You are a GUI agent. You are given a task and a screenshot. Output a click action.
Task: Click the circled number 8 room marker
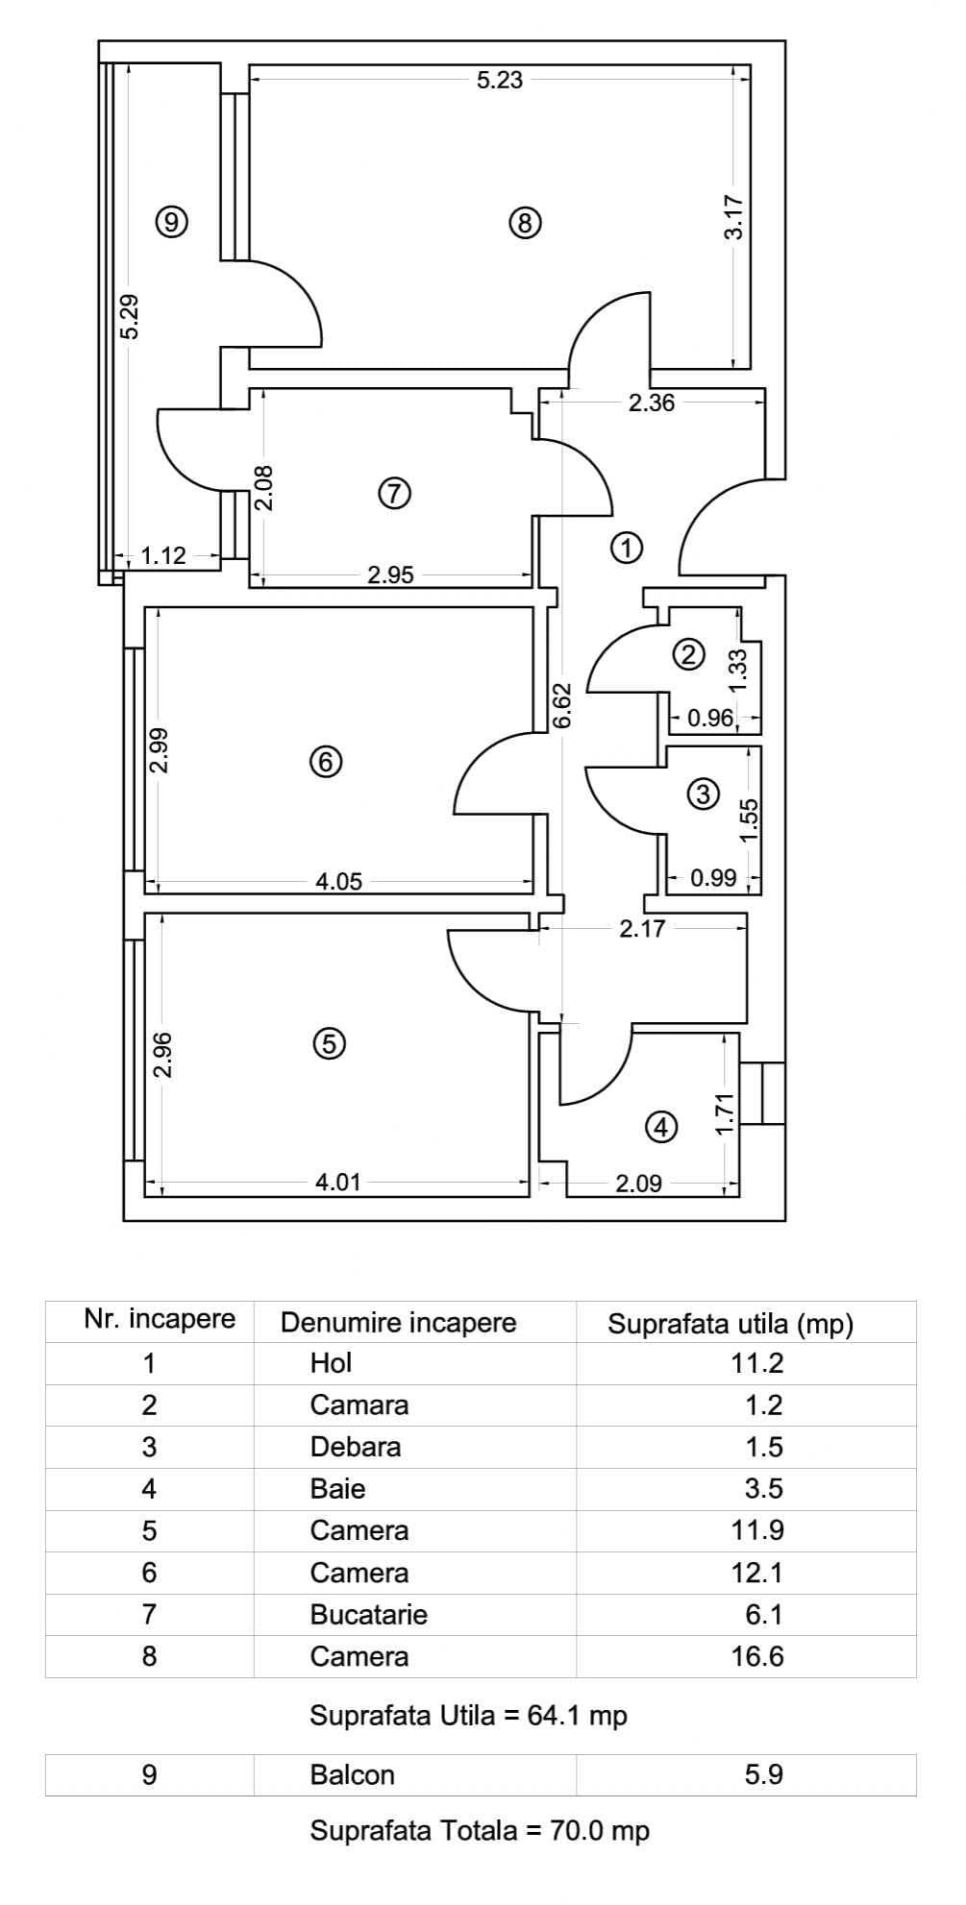click(524, 224)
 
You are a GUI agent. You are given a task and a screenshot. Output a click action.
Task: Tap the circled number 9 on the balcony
click(171, 223)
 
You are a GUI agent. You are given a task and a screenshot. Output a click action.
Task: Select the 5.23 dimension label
click(500, 80)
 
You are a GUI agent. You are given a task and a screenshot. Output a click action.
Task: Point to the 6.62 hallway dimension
click(563, 704)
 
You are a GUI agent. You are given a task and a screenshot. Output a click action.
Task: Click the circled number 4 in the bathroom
click(660, 1127)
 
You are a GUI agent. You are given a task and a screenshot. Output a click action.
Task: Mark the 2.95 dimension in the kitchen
click(390, 575)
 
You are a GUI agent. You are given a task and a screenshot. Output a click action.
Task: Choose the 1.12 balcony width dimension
click(163, 555)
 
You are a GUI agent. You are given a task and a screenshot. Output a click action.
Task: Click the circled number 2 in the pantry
click(688, 656)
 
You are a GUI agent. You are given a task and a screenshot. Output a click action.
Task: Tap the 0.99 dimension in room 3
click(713, 877)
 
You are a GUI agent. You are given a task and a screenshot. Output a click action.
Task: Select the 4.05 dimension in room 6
click(339, 881)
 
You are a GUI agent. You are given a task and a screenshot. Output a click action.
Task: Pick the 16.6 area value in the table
click(757, 1656)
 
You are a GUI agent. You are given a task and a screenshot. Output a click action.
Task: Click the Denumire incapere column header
click(398, 1322)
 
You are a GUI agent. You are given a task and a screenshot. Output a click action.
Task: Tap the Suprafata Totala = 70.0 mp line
click(479, 1831)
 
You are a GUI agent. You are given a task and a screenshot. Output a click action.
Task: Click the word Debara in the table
click(355, 1447)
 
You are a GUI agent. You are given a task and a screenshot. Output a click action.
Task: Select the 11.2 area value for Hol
click(757, 1363)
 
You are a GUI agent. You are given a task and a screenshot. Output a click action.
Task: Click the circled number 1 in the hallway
click(626, 549)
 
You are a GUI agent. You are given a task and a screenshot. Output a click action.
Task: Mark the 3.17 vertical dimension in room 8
click(733, 217)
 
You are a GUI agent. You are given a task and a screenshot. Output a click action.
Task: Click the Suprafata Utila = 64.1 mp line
click(468, 1715)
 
